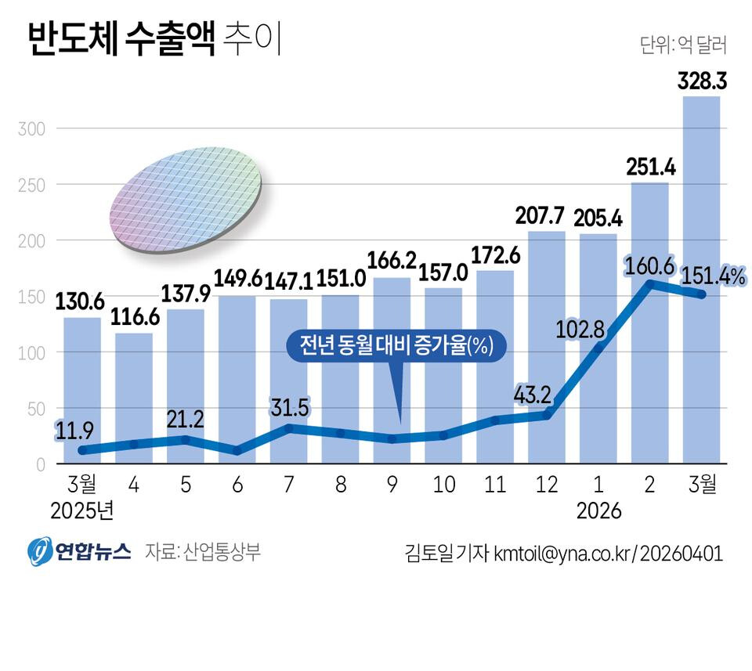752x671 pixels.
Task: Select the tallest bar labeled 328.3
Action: click(701, 274)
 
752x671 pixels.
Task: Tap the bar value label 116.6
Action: click(134, 319)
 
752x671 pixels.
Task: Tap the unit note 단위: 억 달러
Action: click(683, 45)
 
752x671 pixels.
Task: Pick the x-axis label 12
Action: click(547, 485)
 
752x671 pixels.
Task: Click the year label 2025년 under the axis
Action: click(82, 511)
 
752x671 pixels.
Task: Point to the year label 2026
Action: click(598, 511)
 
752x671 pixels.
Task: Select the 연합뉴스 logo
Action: click(78, 551)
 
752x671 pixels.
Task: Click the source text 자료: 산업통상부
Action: click(203, 551)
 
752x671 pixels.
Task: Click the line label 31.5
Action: click(291, 407)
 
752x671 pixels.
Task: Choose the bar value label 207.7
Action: click(546, 215)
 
